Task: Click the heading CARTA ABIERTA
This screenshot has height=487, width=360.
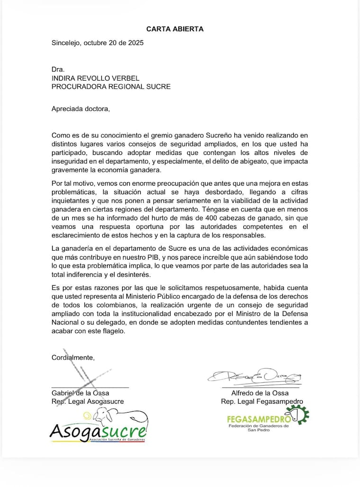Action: tap(175, 29)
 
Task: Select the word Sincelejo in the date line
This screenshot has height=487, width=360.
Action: tap(65, 42)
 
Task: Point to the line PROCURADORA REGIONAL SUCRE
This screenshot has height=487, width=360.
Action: tap(111, 87)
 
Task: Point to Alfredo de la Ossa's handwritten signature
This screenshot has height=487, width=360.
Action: tap(254, 377)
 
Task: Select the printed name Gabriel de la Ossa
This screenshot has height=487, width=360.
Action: tap(80, 393)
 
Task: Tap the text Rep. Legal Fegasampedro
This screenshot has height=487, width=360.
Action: tap(261, 402)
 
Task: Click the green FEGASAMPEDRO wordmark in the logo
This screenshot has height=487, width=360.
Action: tap(259, 419)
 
